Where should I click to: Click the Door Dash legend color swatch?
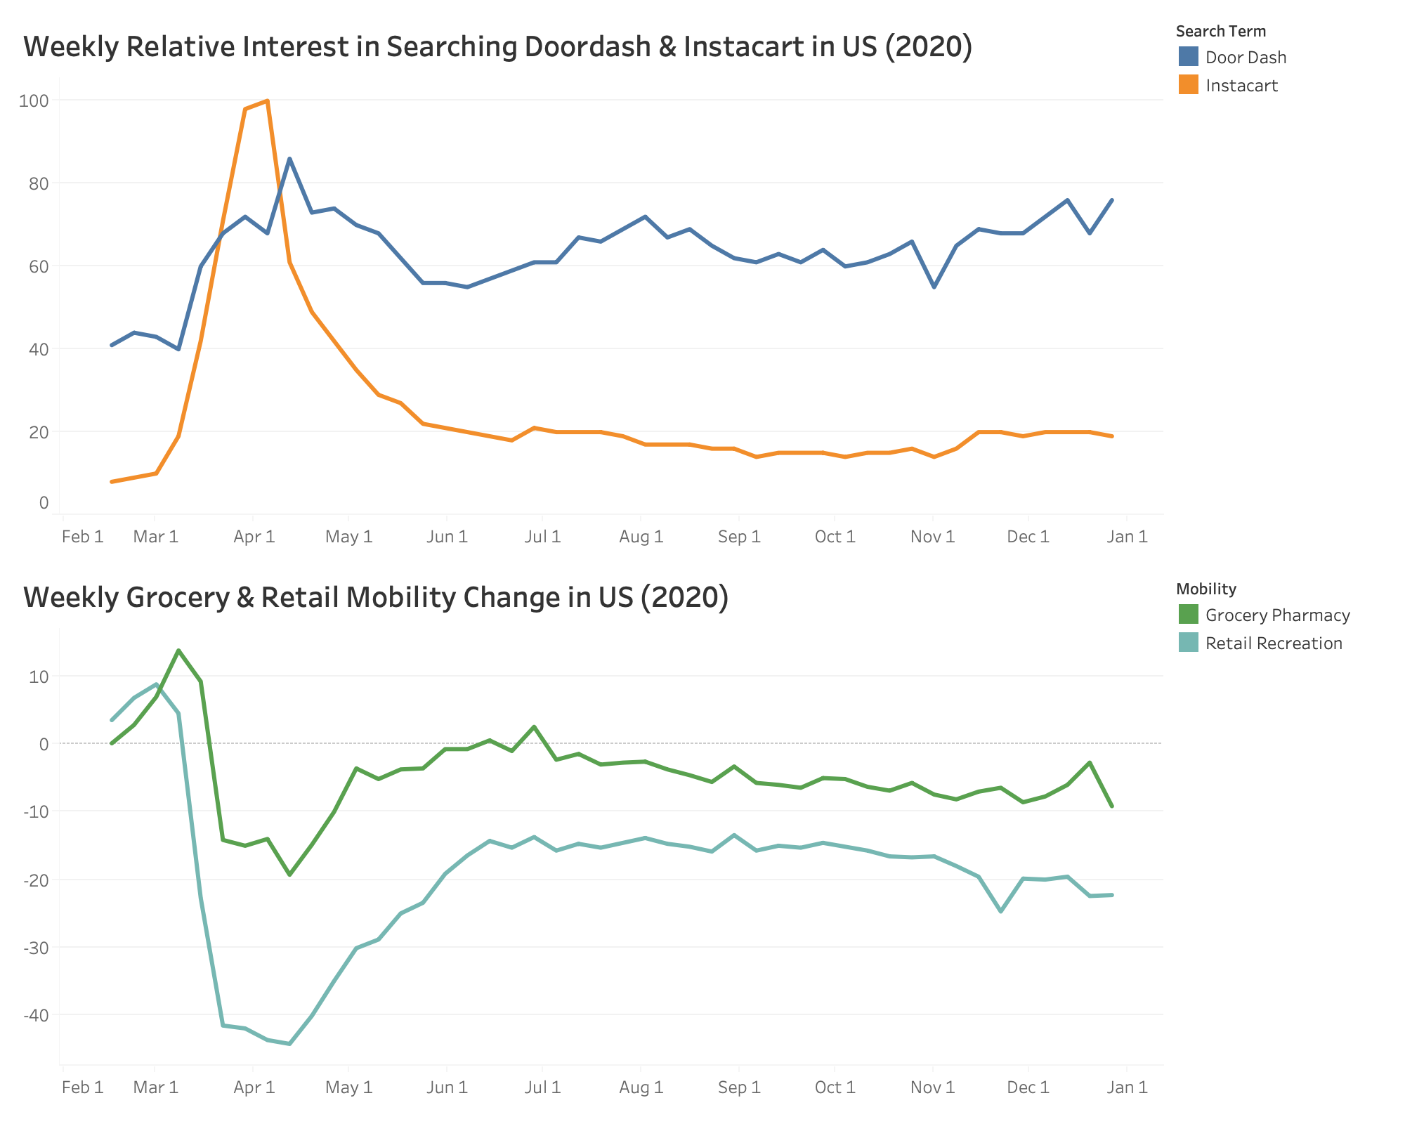point(1188,57)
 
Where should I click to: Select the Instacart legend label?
point(1241,86)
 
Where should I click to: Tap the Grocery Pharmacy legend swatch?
point(1188,615)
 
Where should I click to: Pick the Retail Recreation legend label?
point(1274,643)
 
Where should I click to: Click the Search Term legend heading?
point(1220,31)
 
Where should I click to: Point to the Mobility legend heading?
point(1205,589)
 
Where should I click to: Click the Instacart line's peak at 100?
point(268,100)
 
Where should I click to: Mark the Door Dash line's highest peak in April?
point(289,159)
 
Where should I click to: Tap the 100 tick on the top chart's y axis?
point(34,100)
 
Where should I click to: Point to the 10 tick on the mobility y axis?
point(39,677)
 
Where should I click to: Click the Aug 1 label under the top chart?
point(641,537)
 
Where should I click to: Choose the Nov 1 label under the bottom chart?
point(932,1088)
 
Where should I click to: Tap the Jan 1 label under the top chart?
point(1127,537)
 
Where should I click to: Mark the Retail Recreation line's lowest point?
point(289,1044)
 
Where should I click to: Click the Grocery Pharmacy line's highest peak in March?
point(178,651)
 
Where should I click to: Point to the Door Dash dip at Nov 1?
point(934,287)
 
